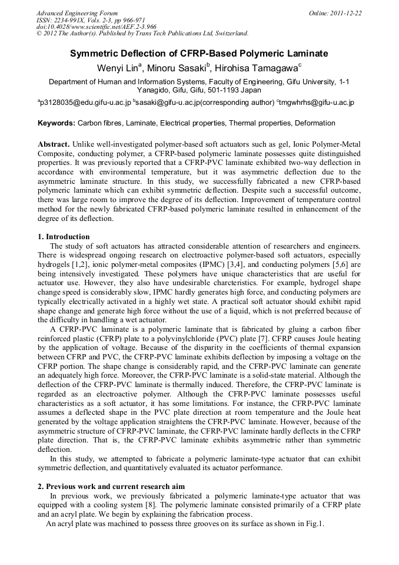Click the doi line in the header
(96, 27)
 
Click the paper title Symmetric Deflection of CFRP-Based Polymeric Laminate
(199, 54)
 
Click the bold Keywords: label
(56, 124)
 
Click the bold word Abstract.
(54, 144)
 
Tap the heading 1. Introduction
(64, 237)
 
